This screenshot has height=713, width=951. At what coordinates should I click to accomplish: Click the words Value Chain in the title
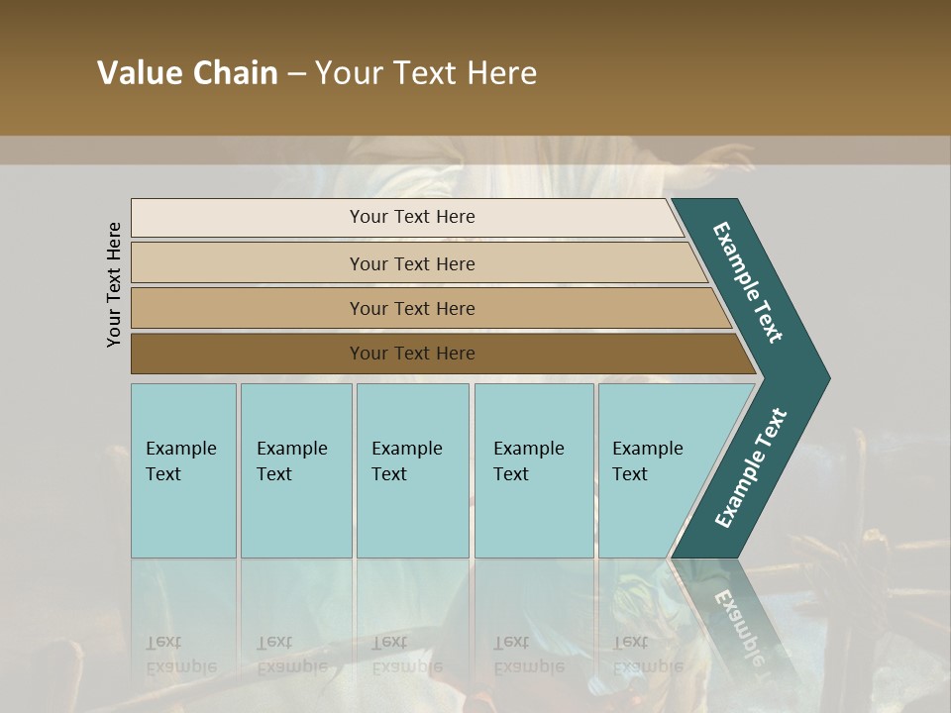tap(187, 73)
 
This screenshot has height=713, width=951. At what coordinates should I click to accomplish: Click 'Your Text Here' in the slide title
tap(426, 73)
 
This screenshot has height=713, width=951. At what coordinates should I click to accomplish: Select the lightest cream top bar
tap(248, 218)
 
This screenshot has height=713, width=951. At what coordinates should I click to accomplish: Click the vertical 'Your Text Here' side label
tap(114, 284)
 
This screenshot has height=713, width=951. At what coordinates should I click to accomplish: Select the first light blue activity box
tap(183, 470)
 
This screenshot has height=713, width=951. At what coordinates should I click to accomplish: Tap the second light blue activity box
tap(295, 470)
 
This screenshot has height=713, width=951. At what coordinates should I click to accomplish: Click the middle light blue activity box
tap(412, 470)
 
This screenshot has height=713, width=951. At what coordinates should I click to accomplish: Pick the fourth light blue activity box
tap(533, 470)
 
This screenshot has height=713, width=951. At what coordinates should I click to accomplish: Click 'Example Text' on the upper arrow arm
tap(748, 282)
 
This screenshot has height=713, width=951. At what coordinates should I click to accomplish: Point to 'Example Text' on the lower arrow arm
tap(751, 468)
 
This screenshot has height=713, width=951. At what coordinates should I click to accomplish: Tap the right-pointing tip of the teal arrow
tap(822, 377)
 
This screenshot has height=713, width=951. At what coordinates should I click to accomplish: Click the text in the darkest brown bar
tap(412, 354)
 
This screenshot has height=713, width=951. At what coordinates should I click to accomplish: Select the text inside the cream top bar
tap(412, 217)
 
